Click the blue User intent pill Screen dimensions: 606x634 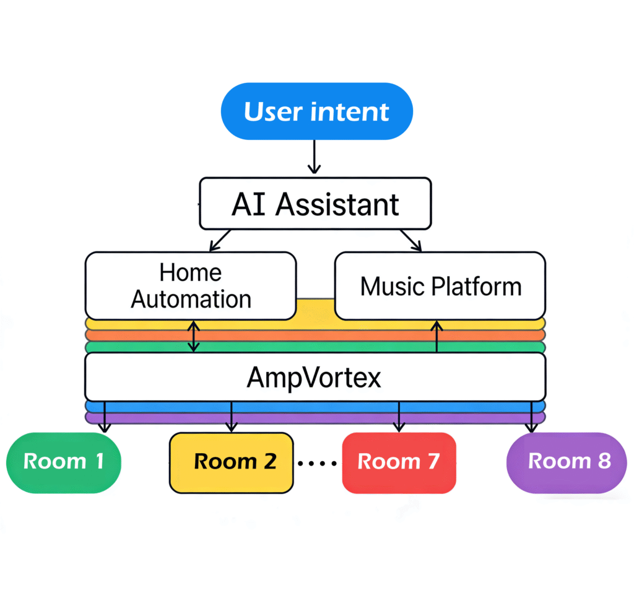click(x=316, y=111)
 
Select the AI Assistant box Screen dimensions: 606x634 click(x=315, y=204)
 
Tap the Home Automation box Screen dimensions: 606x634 click(x=191, y=285)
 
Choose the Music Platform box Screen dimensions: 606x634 click(x=440, y=286)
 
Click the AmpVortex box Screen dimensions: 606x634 click(x=315, y=377)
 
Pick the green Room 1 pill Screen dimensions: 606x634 click(x=63, y=462)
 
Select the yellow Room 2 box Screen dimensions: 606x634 click(x=232, y=462)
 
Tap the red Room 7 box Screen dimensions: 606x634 click(x=399, y=462)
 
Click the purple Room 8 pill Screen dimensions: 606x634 click(x=567, y=462)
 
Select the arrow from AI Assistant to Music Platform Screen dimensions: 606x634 click(x=410, y=240)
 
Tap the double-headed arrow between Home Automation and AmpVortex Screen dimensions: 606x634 click(x=194, y=336)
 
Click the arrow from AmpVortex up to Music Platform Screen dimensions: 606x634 click(x=437, y=336)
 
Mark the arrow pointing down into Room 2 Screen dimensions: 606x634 click(x=232, y=417)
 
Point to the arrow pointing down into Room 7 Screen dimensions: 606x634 click(x=399, y=417)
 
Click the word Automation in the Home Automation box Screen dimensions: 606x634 click(x=191, y=300)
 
